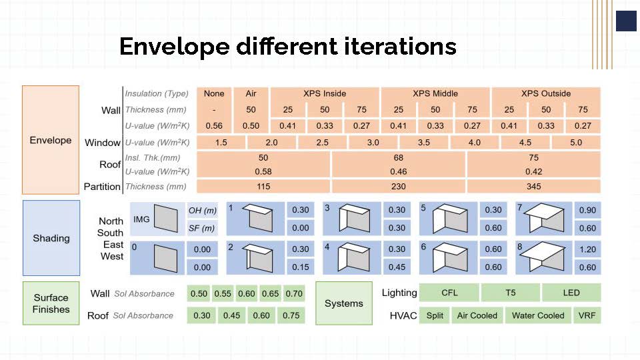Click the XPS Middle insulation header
[435, 93]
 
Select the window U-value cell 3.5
[424, 143]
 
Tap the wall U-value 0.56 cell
[214, 126]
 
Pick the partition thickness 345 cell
[533, 187]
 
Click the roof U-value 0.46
[399, 172]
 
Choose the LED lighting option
[571, 293]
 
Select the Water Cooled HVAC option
[538, 315]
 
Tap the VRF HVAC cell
[587, 315]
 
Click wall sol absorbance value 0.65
[270, 293]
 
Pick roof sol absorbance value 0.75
[291, 315]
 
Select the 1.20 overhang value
[587, 249]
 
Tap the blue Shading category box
[51, 238]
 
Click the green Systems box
[344, 303]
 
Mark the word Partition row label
[102, 187]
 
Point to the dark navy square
[626, 21]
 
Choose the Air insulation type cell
[251, 93]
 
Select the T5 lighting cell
[511, 293]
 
